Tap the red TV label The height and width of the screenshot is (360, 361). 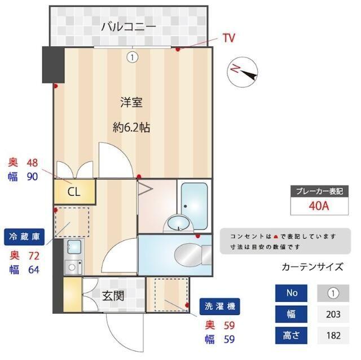228,38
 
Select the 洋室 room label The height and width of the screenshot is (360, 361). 131,103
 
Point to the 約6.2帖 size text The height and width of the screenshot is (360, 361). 131,128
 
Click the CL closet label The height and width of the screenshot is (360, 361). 74,192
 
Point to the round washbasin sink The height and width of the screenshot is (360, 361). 177,224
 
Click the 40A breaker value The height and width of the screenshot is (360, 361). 319,205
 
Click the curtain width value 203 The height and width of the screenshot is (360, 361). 333,314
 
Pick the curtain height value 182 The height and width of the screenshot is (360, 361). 333,335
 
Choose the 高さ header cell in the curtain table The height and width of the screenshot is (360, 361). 291,335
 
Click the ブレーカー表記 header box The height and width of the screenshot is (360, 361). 319,191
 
